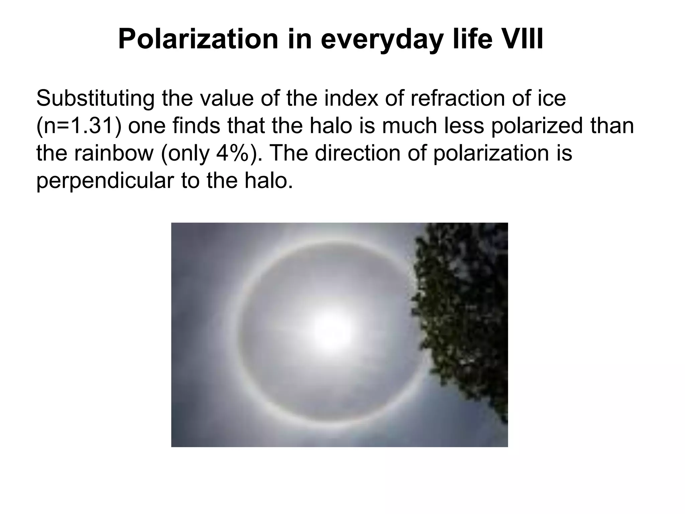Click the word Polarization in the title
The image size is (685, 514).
198,39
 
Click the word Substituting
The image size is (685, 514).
95,99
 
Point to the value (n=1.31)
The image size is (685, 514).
78,126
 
